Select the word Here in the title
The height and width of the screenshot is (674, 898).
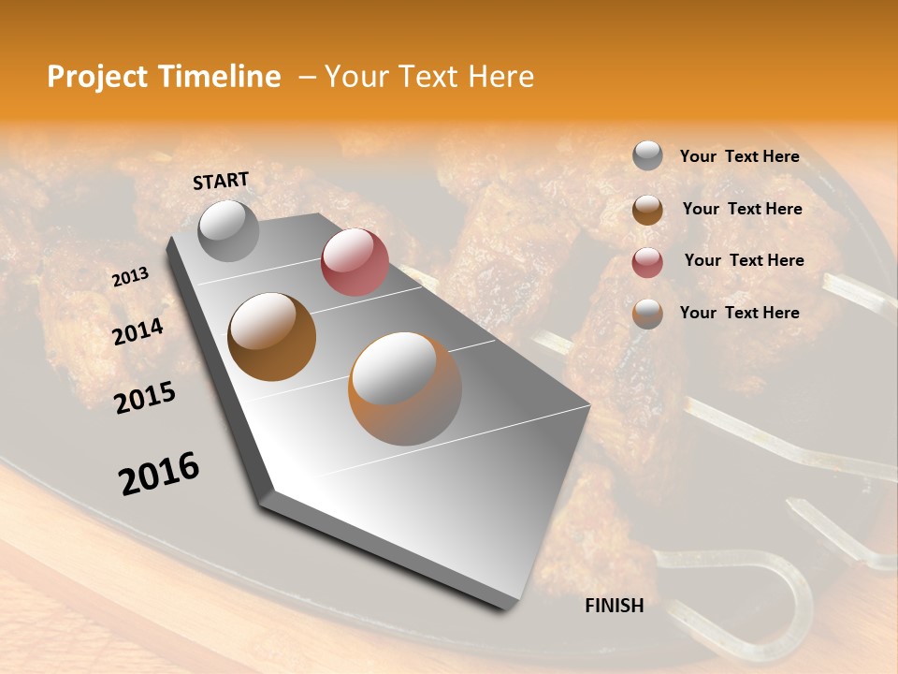pos(500,77)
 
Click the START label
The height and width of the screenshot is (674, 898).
pos(221,181)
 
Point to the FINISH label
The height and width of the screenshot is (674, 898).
pos(615,606)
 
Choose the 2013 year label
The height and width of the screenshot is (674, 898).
pos(130,277)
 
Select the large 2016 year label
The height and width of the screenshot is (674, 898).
pos(159,474)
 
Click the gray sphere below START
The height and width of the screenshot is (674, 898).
pos(229,230)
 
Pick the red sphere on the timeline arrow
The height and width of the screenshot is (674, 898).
pos(355,262)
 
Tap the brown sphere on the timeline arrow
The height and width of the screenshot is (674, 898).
pos(272,337)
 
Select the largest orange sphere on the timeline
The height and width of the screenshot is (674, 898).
pos(405,388)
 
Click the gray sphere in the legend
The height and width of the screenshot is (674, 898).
pos(647,156)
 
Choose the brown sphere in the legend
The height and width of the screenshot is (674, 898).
pos(647,210)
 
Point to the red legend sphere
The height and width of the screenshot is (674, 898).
pos(647,262)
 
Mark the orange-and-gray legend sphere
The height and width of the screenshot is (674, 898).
pos(647,314)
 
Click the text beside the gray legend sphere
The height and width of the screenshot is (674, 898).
pos(739,157)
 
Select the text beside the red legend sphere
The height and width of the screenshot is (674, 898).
pos(744,260)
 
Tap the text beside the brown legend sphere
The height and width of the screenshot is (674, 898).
pos(742,210)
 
